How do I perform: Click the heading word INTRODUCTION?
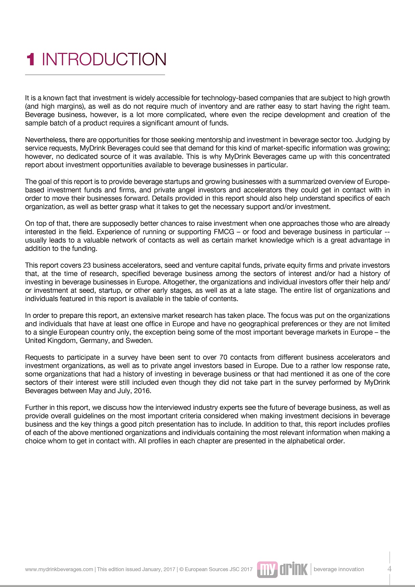point(104,60)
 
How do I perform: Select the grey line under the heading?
point(95,75)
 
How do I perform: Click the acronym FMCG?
point(224,232)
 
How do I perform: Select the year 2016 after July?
point(142,391)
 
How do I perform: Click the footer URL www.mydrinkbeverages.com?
point(59,569)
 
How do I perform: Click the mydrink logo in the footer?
point(282,569)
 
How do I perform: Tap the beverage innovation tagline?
point(339,569)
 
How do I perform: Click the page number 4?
point(389,569)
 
